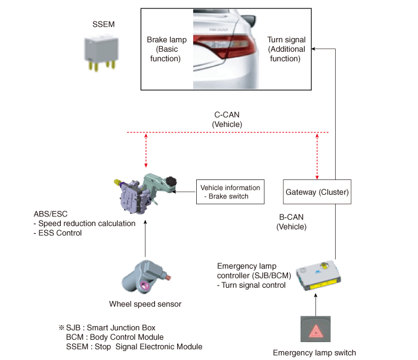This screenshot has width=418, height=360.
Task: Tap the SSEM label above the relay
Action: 103,24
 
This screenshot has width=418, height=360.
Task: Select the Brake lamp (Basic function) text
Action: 166,49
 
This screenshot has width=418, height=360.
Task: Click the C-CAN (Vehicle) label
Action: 227,119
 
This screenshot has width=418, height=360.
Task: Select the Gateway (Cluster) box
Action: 317,192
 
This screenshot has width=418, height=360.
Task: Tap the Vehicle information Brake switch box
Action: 230,192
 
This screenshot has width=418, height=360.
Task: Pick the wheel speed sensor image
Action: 146,276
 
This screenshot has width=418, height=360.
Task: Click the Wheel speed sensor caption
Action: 145,304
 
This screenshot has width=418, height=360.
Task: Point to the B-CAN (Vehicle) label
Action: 292,222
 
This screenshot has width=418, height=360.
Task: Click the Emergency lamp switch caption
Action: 314,352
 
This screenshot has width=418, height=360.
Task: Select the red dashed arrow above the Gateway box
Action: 317,156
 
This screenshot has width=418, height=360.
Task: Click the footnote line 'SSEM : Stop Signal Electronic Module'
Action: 134,346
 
